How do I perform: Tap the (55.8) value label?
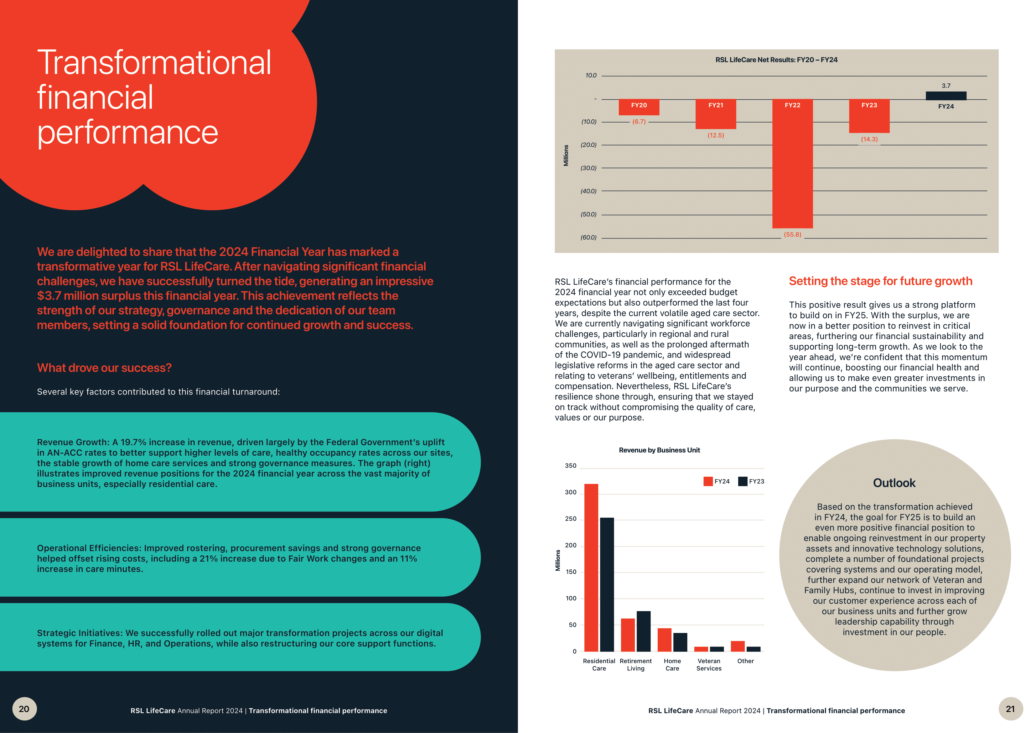[792, 235]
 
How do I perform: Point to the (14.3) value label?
[869, 139]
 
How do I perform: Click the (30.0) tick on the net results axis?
[588, 168]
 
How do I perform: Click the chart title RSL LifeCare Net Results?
[776, 60]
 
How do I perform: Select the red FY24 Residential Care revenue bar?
[591, 567]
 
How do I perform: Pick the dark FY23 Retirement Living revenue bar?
[644, 631]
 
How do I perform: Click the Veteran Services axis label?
[708, 664]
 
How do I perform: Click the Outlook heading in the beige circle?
[894, 483]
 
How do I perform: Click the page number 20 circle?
[24, 709]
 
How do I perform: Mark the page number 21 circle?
[1010, 709]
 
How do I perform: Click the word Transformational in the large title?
[154, 63]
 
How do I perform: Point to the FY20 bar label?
[639, 105]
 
